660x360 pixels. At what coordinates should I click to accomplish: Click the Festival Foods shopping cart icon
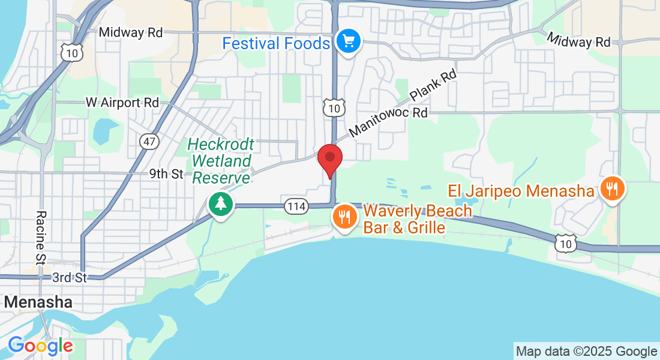click(348, 41)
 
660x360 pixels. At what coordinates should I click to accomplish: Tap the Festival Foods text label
click(276, 44)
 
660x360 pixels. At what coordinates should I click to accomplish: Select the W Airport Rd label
click(122, 103)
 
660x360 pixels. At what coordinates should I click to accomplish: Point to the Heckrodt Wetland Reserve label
click(221, 161)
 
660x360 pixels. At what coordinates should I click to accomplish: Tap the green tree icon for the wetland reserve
click(221, 204)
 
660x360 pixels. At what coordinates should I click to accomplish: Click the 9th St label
click(166, 174)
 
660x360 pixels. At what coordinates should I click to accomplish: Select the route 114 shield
click(296, 206)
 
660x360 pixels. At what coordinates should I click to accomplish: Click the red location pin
click(329, 158)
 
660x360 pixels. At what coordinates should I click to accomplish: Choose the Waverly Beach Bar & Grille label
click(417, 219)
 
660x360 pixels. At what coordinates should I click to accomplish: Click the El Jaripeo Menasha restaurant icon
click(612, 190)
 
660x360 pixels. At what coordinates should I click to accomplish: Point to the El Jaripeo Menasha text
click(520, 191)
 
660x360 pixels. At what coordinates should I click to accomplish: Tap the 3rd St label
click(70, 277)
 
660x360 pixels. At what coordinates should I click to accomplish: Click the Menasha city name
click(38, 302)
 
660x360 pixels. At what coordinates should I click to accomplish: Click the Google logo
click(40, 346)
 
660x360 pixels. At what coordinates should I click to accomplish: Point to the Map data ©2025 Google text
click(586, 352)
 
